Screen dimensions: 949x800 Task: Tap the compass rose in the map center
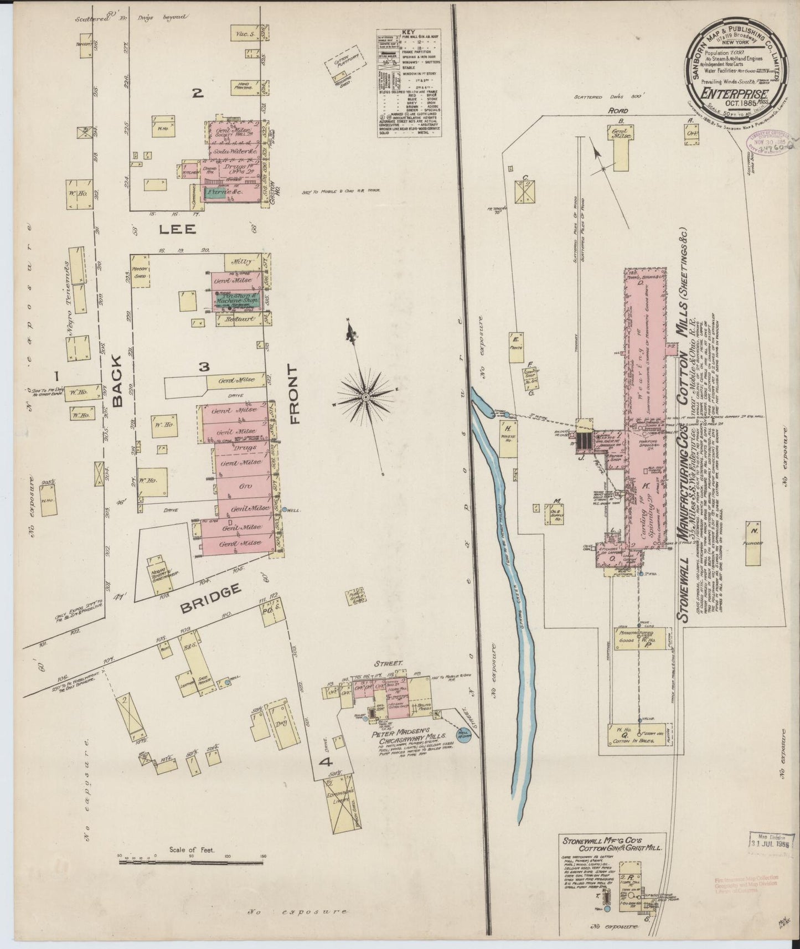366,398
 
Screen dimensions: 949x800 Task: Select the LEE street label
179,229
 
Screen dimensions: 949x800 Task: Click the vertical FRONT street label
294,394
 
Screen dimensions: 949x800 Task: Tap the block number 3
204,367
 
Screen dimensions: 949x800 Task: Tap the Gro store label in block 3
244,486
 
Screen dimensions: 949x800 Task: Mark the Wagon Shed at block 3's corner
138,271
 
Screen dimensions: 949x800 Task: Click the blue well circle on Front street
285,509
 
